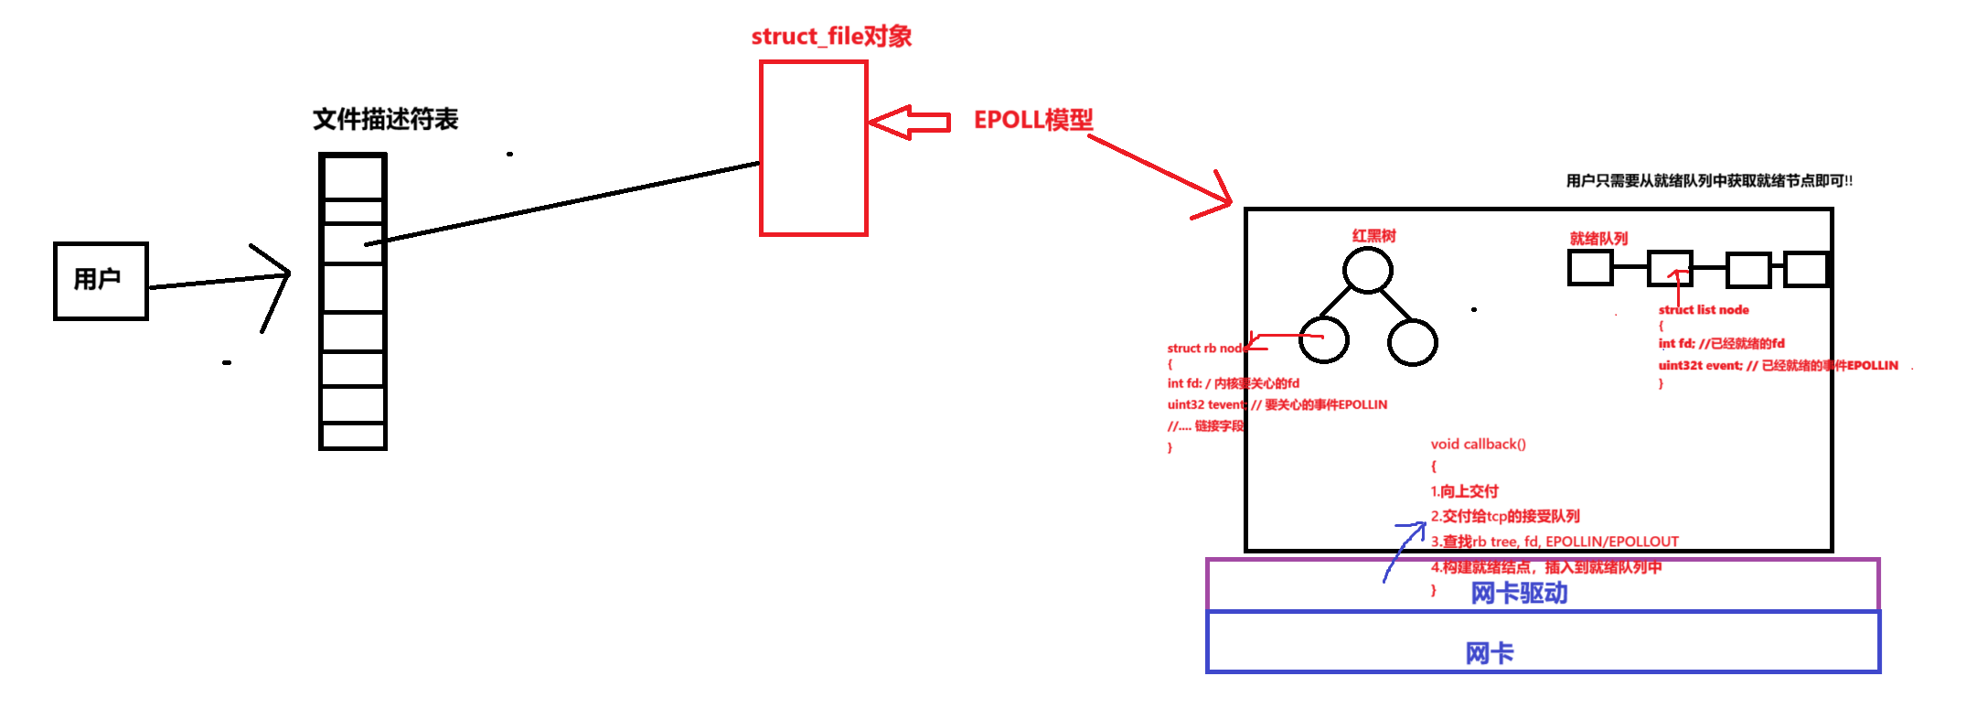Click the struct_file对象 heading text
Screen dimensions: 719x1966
(831, 37)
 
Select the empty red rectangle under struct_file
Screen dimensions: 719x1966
(813, 148)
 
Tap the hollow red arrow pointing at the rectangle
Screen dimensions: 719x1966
(908, 122)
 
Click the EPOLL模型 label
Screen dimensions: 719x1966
(1033, 120)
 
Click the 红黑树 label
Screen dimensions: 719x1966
(1373, 237)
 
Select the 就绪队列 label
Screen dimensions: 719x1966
(1599, 239)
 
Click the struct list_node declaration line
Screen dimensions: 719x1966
(1704, 310)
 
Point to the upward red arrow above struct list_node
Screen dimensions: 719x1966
(1678, 285)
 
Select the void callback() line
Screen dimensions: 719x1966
(1478, 445)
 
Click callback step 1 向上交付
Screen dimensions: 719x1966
(1465, 491)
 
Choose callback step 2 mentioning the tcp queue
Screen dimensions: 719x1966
(1506, 517)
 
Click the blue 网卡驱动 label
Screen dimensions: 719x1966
(1519, 594)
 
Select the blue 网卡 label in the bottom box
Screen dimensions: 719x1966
(1490, 653)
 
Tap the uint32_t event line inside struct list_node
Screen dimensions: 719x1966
(1778, 366)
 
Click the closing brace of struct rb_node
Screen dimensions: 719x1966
(1170, 448)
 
